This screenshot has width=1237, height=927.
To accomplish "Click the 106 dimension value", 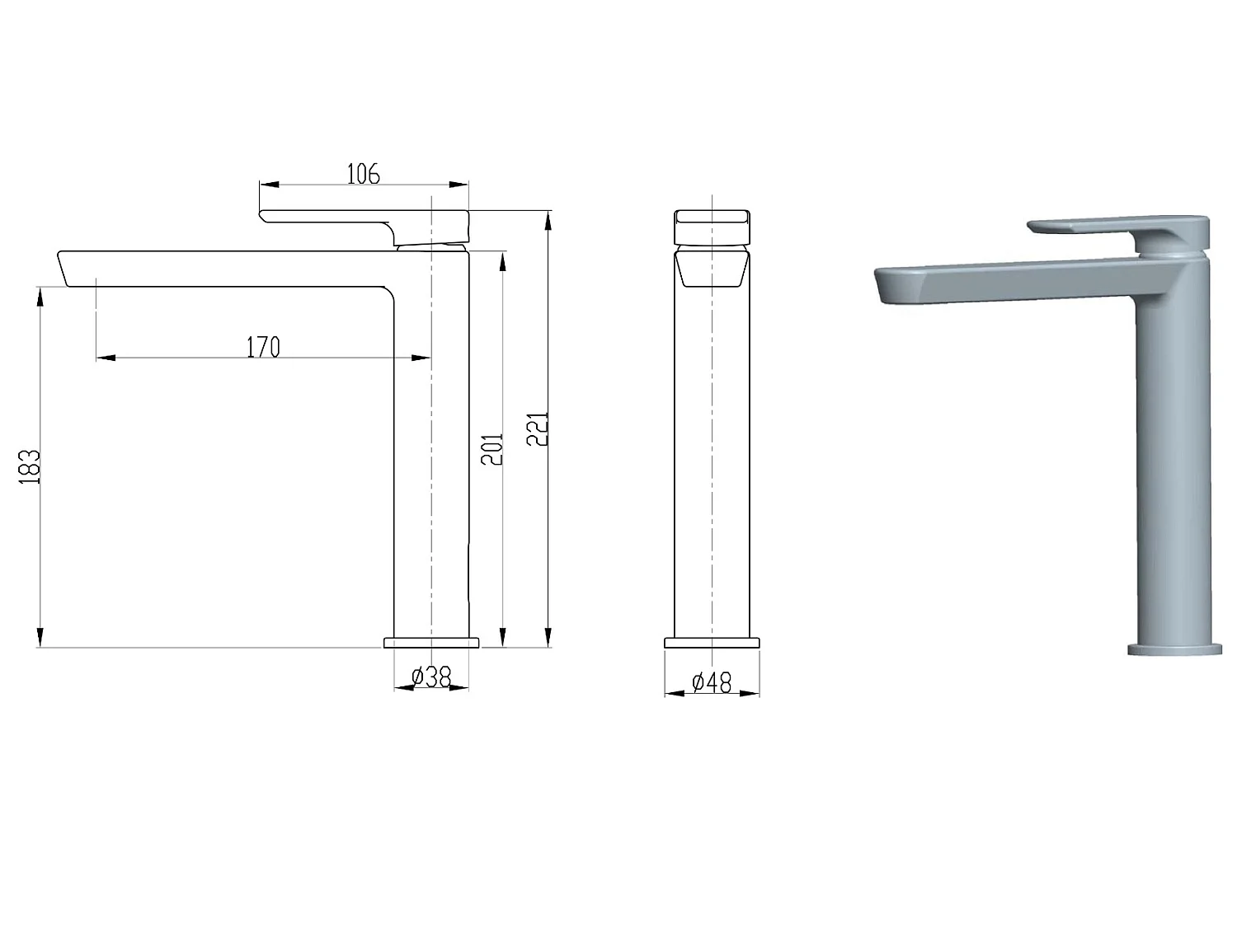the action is (363, 174).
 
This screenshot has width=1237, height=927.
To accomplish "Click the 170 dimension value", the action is (263, 347).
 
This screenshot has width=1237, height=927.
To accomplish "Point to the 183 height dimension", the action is (30, 466).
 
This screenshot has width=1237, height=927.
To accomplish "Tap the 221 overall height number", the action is (537, 428).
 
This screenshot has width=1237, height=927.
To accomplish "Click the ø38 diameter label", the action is (431, 677).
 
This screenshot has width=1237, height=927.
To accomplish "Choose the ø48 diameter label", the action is (712, 683).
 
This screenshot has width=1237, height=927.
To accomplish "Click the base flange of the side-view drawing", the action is (431, 643).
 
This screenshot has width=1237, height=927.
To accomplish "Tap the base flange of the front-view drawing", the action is (712, 643).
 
